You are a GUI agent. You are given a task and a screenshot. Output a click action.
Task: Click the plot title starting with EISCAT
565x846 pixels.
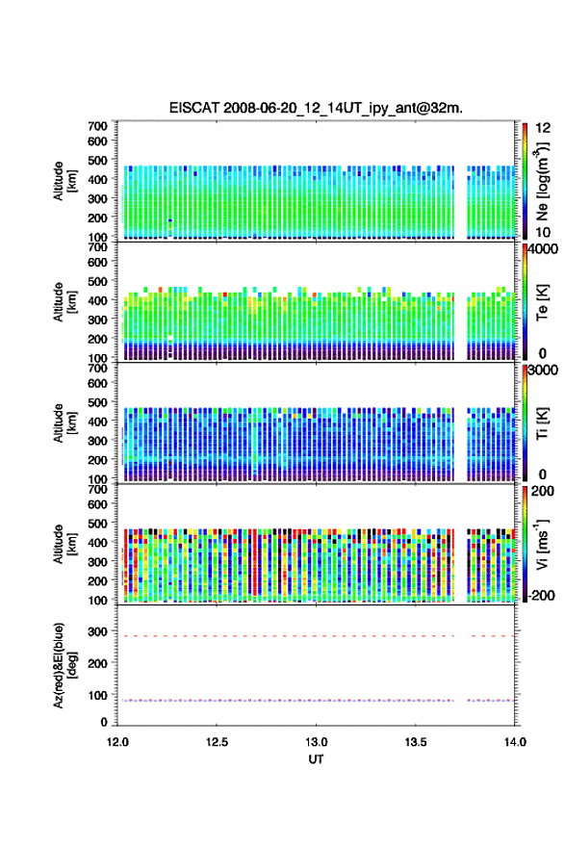(x=316, y=108)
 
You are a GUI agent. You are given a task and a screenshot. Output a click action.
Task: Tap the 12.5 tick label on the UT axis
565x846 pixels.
(x=217, y=742)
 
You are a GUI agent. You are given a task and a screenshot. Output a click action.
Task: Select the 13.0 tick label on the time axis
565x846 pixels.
(x=317, y=742)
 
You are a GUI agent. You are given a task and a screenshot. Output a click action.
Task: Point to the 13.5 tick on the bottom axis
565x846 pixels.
(x=416, y=742)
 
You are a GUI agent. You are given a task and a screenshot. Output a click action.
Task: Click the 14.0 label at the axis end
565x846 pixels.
(x=515, y=742)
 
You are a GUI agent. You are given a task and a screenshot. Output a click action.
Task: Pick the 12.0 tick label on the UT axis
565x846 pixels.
(x=117, y=742)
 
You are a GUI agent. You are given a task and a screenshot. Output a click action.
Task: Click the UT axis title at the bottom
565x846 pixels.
(x=316, y=759)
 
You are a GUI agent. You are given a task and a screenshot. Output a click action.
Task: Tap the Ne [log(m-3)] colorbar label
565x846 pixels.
(x=542, y=181)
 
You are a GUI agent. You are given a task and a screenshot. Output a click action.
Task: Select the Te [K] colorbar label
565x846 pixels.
(x=542, y=302)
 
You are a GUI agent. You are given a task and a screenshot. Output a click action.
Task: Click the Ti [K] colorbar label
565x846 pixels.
(x=542, y=423)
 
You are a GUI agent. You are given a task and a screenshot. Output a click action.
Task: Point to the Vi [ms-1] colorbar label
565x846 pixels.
(x=542, y=544)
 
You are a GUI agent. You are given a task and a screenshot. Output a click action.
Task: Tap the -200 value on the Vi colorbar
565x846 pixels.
(x=540, y=596)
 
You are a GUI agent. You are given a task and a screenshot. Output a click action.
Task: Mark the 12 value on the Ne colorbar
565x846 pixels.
(x=544, y=128)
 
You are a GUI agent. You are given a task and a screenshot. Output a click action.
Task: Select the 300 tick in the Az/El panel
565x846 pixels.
(x=97, y=631)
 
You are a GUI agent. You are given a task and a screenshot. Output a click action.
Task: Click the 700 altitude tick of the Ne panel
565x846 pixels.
(x=97, y=126)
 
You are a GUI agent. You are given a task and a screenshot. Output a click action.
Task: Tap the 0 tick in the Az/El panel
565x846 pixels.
(x=104, y=722)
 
